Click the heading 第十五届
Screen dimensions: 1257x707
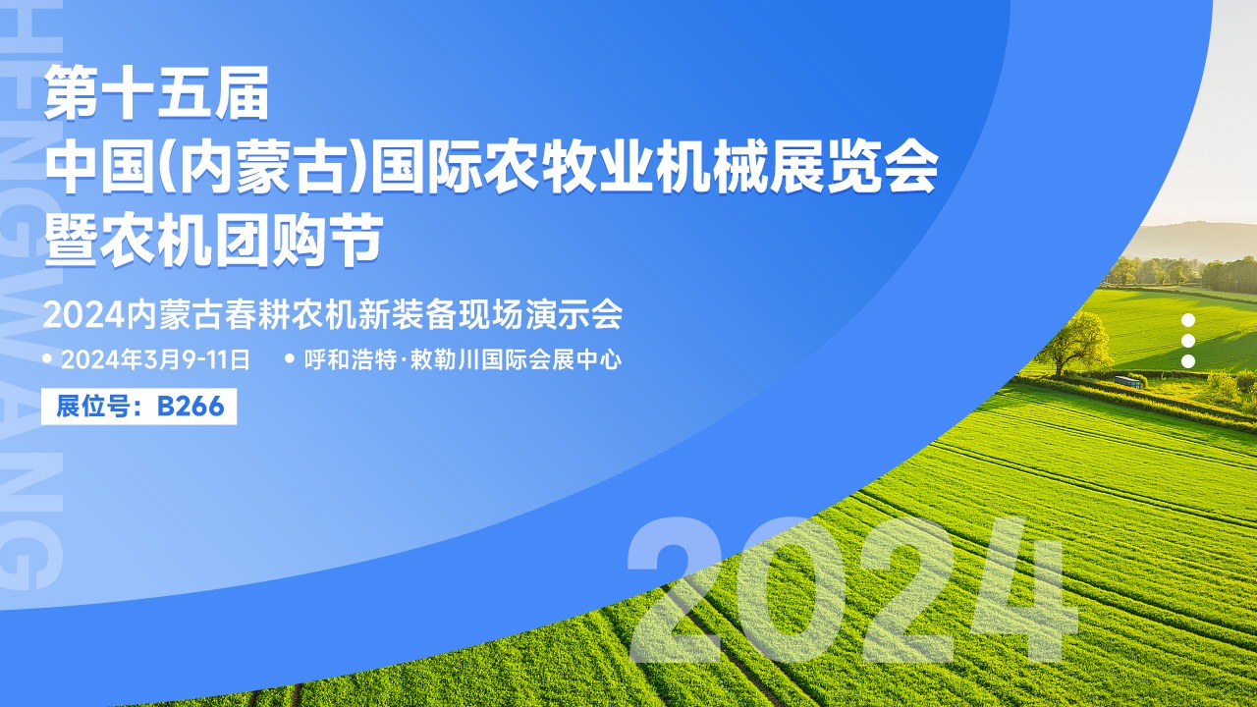pos(156,92)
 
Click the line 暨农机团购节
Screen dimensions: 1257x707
pos(214,241)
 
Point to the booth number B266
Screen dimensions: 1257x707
pos(191,407)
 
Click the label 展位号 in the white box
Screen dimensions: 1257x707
pos(92,407)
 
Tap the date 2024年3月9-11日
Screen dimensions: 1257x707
pos(155,359)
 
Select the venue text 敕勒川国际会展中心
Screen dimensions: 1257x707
pos(516,359)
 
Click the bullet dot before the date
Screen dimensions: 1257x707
pos(47,358)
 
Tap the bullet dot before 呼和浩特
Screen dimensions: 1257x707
pos(290,358)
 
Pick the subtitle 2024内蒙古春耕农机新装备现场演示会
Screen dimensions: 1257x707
pos(333,315)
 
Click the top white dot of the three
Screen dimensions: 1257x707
pos(1188,320)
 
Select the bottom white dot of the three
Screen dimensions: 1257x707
pos(1188,361)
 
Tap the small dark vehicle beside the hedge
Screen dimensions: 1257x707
pos(1128,382)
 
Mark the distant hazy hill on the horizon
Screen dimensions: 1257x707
pos(1189,242)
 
